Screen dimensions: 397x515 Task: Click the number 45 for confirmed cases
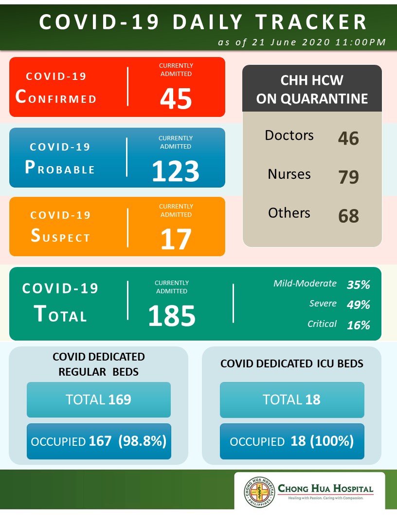pyautogui.click(x=176, y=98)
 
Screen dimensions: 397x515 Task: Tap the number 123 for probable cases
pyautogui.click(x=176, y=171)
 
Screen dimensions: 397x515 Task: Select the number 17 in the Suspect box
pyautogui.click(x=176, y=239)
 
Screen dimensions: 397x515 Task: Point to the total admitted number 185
pyautogui.click(x=172, y=316)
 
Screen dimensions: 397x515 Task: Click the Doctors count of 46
pyautogui.click(x=348, y=138)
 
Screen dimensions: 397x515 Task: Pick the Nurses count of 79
pyautogui.click(x=348, y=177)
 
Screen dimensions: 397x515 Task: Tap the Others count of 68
pyautogui.click(x=348, y=216)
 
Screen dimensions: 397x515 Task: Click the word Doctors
pyautogui.click(x=289, y=135)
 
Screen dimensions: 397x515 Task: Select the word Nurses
pyautogui.click(x=289, y=174)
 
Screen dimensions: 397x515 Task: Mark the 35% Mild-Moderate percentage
pyautogui.click(x=358, y=285)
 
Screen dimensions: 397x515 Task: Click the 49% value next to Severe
pyautogui.click(x=358, y=305)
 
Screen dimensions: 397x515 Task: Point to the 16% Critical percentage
pyautogui.click(x=358, y=325)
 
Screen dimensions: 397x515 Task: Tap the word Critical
pyautogui.click(x=322, y=324)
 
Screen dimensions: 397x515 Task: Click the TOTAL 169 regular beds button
pyautogui.click(x=99, y=400)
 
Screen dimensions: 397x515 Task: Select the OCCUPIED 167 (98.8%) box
pyautogui.click(x=99, y=441)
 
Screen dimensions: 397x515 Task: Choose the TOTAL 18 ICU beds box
pyautogui.click(x=292, y=400)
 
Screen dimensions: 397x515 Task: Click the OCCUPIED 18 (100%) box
pyautogui.click(x=292, y=441)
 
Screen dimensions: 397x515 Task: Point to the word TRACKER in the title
pyautogui.click(x=311, y=22)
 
